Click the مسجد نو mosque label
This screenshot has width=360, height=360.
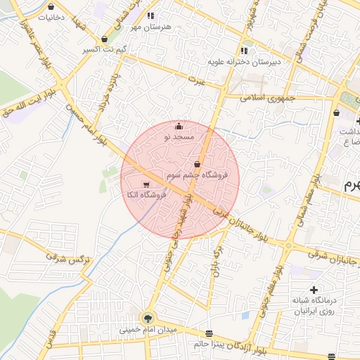(178, 137)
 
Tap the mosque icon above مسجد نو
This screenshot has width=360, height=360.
(179, 127)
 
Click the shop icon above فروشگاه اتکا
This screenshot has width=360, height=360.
(146, 184)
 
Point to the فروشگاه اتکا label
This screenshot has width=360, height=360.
(145, 194)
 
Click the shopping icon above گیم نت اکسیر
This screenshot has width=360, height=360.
(105, 39)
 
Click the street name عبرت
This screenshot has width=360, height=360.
(200, 82)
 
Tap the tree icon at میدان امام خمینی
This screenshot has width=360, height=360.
(148, 318)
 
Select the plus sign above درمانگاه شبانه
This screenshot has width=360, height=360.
(314, 290)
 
